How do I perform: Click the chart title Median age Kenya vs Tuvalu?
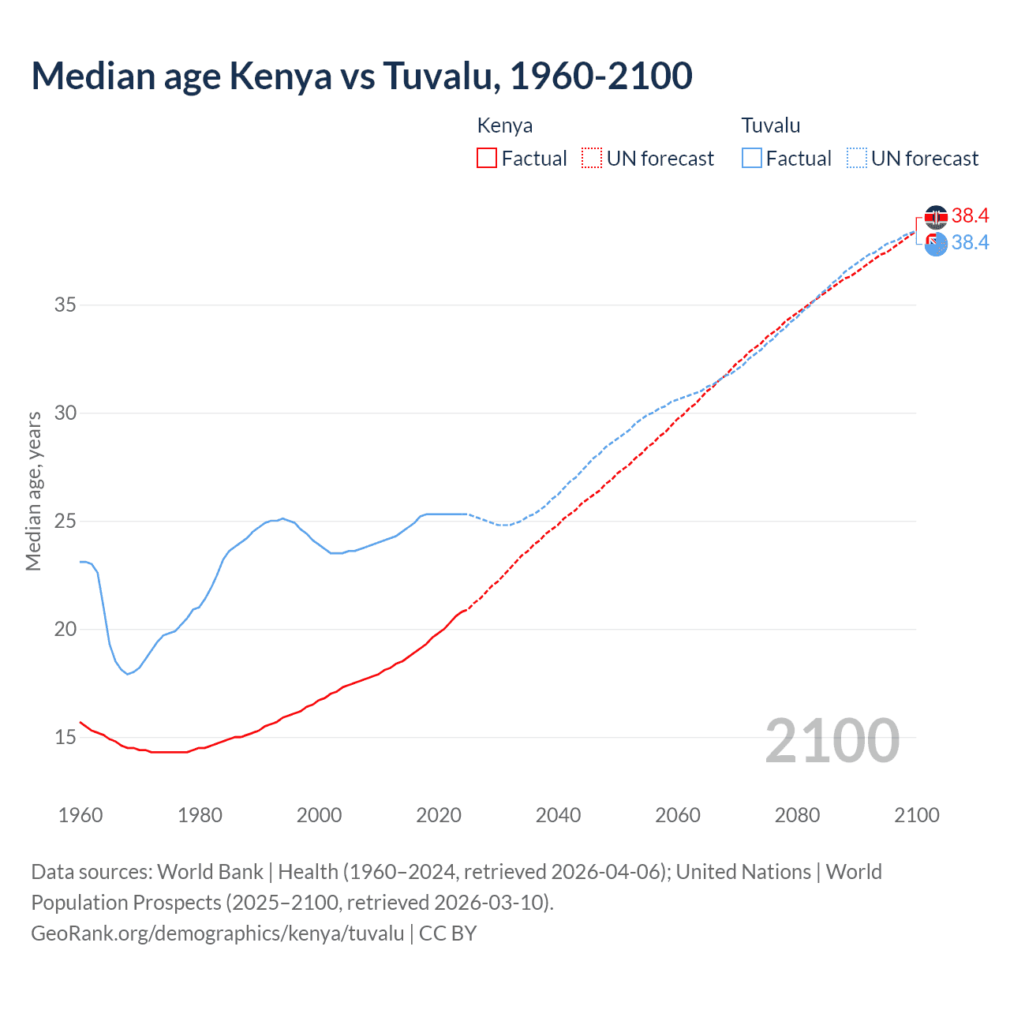361,76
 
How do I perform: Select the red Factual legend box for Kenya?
487,158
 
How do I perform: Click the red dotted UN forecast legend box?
592,158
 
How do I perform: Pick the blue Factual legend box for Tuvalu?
751,158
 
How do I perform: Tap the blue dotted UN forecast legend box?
856,158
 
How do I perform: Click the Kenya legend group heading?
504,125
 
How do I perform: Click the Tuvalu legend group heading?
770,125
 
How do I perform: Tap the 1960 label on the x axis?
80,815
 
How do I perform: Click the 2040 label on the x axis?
558,815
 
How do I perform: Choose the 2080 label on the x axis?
797,815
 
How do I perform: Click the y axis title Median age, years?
33,491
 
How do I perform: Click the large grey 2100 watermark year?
832,740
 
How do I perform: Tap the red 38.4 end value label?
970,215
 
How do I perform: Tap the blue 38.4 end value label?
970,242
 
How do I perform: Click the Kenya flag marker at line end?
936,216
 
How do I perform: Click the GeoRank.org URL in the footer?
217,933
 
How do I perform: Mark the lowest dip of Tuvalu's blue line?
127,674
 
